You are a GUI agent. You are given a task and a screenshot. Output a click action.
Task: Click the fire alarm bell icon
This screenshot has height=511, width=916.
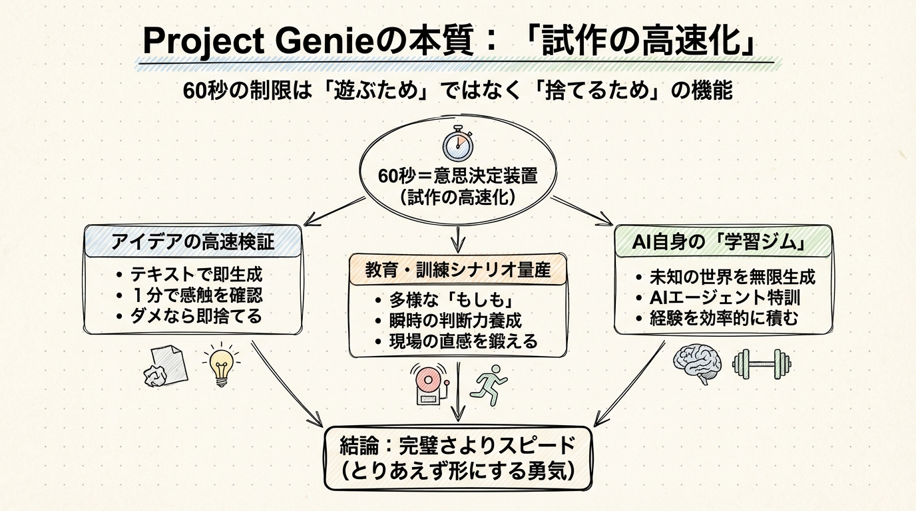click(x=429, y=385)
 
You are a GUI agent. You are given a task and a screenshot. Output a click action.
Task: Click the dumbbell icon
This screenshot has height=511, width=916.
click(x=762, y=363)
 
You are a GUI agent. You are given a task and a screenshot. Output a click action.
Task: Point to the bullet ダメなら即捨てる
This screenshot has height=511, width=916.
click(x=196, y=315)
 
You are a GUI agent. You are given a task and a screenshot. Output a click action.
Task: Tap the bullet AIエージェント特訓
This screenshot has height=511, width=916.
click(x=725, y=297)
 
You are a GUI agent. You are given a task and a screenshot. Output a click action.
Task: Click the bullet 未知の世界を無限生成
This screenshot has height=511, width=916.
click(x=732, y=277)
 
